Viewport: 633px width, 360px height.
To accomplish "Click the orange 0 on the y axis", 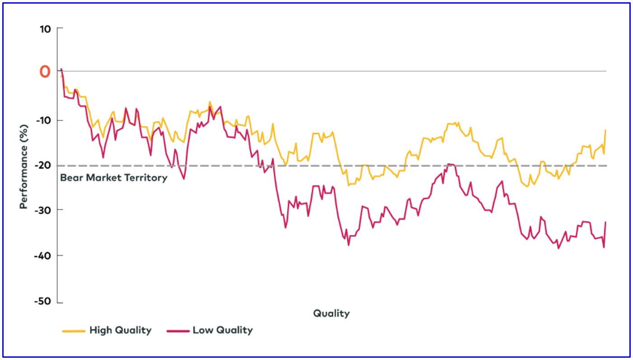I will (x=45, y=71).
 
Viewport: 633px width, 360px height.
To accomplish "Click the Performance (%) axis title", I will (x=23, y=165).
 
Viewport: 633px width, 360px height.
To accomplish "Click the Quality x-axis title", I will (x=332, y=313).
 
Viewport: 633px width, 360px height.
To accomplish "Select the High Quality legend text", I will (x=120, y=330).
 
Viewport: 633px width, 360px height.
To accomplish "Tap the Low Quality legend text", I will (x=223, y=330).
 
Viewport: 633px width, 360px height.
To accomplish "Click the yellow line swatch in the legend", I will (x=74, y=331).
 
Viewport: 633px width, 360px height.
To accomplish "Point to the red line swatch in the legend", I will (x=178, y=331).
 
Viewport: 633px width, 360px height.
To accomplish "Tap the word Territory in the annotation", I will (x=146, y=178).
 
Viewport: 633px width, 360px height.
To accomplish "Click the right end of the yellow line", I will (x=605, y=130).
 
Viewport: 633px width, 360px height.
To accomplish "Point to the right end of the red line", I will (x=605, y=222).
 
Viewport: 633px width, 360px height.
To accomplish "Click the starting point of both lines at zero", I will (x=61, y=70).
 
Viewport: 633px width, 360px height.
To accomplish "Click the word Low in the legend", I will (x=202, y=330).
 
